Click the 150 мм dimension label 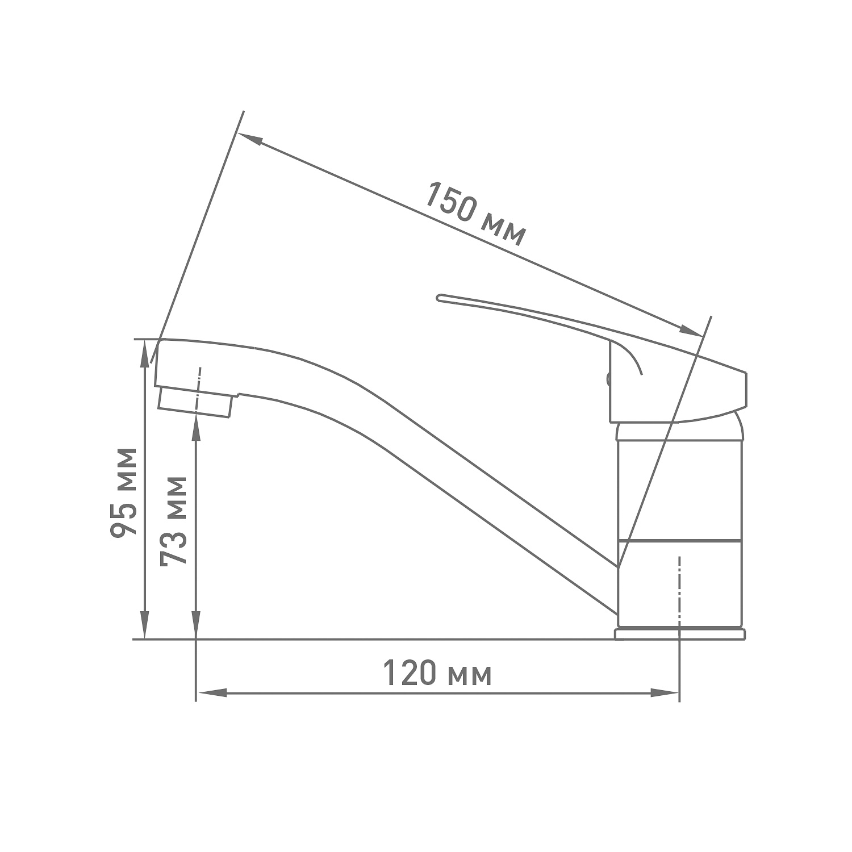pos(475,214)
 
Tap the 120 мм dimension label pos(437,674)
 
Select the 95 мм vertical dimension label pos(123,492)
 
